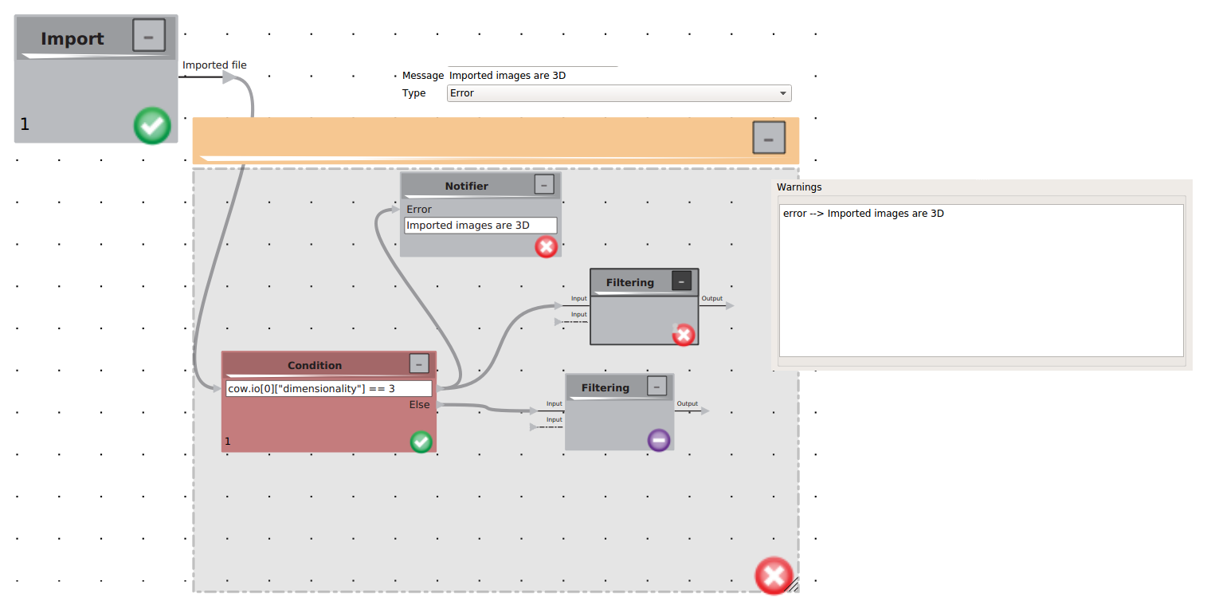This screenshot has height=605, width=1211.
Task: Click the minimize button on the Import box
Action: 149,36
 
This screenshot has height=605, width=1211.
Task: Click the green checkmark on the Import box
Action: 152,125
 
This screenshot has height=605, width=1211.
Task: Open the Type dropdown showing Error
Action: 619,93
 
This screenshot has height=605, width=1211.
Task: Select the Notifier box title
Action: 467,186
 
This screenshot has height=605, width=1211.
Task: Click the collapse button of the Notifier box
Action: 544,184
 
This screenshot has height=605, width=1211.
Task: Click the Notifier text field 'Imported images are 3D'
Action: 480,226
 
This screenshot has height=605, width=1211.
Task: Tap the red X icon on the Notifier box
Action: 546,246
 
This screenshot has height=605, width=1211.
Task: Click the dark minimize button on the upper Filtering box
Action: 681,281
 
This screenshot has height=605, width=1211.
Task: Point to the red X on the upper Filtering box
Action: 684,335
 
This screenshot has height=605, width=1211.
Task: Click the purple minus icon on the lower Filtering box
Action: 658,440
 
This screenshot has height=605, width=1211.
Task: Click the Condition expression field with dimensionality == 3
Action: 329,389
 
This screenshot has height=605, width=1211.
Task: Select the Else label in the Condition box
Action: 419,404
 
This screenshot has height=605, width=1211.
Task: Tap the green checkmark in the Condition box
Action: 421,442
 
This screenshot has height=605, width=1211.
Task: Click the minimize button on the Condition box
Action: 419,363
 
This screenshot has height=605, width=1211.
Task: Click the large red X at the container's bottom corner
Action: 774,576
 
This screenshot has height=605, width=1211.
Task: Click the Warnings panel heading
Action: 799,187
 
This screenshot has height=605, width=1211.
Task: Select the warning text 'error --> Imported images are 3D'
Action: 864,214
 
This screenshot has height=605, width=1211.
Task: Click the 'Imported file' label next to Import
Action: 214,65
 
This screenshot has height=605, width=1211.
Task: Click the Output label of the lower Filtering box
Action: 687,403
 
